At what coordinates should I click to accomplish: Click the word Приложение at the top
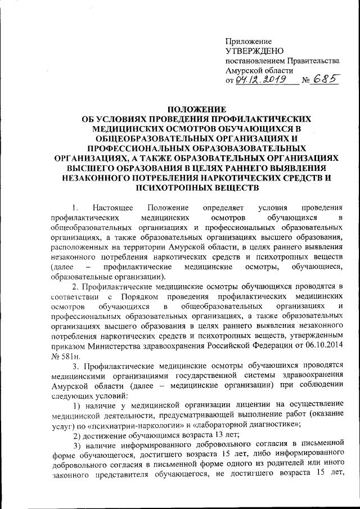(249, 42)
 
